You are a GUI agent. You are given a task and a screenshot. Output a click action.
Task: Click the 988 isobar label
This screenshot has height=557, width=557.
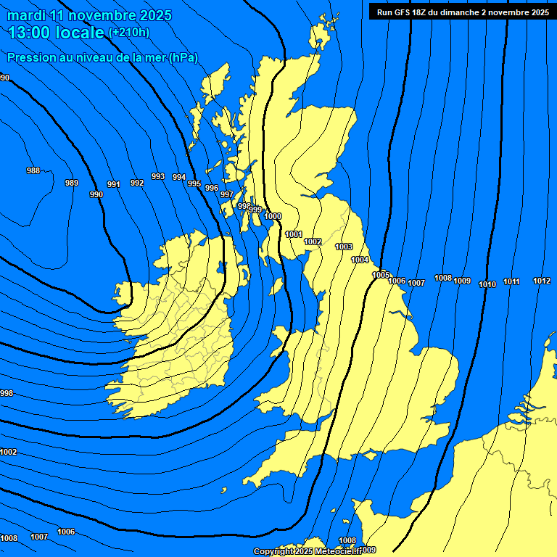pyautogui.click(x=33, y=170)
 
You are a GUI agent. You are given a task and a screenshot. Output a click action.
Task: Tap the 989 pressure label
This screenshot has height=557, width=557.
pyautogui.click(x=72, y=183)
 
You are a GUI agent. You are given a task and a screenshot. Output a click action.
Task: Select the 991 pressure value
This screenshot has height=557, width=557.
pyautogui.click(x=114, y=185)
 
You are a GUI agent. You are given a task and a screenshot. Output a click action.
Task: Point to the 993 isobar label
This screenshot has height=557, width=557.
pyautogui.click(x=158, y=176)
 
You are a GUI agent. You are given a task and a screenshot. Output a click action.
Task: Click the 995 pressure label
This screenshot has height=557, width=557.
pyautogui.click(x=194, y=183)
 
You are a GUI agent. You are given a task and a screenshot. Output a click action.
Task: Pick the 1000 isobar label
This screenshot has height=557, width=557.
pyautogui.click(x=273, y=216)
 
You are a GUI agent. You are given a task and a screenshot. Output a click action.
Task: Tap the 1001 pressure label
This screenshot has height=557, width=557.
pyautogui.click(x=294, y=234)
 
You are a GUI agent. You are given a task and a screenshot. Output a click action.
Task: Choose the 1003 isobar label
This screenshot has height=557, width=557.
pyautogui.click(x=344, y=247)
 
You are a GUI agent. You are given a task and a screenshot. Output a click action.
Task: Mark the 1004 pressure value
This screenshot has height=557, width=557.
pyautogui.click(x=360, y=260)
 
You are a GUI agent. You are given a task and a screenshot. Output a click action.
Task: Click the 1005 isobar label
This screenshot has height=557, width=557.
pyautogui.click(x=381, y=275)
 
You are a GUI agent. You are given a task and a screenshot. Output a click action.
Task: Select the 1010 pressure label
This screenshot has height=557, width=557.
pyautogui.click(x=487, y=284)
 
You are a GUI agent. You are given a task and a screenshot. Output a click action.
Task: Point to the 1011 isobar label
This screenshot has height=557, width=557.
pyautogui.click(x=512, y=281)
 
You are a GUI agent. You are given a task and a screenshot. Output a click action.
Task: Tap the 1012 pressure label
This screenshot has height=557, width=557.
pyautogui.click(x=542, y=281)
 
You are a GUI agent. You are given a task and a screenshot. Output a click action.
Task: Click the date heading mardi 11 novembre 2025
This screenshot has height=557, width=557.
pyautogui.click(x=90, y=15)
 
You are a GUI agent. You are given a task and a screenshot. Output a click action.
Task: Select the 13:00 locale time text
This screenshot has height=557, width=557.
pyautogui.click(x=56, y=33)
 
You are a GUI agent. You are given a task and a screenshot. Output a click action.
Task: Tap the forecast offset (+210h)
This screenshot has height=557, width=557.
pyautogui.click(x=129, y=33)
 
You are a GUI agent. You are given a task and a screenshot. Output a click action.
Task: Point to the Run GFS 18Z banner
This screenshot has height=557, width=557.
pyautogui.click(x=463, y=12)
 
